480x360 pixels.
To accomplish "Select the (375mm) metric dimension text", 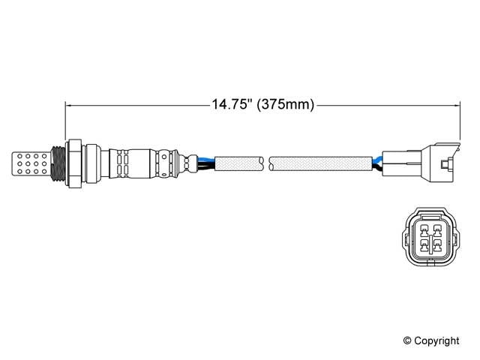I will pos(283,105).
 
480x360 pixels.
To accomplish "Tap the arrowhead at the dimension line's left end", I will pos(70,105).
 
